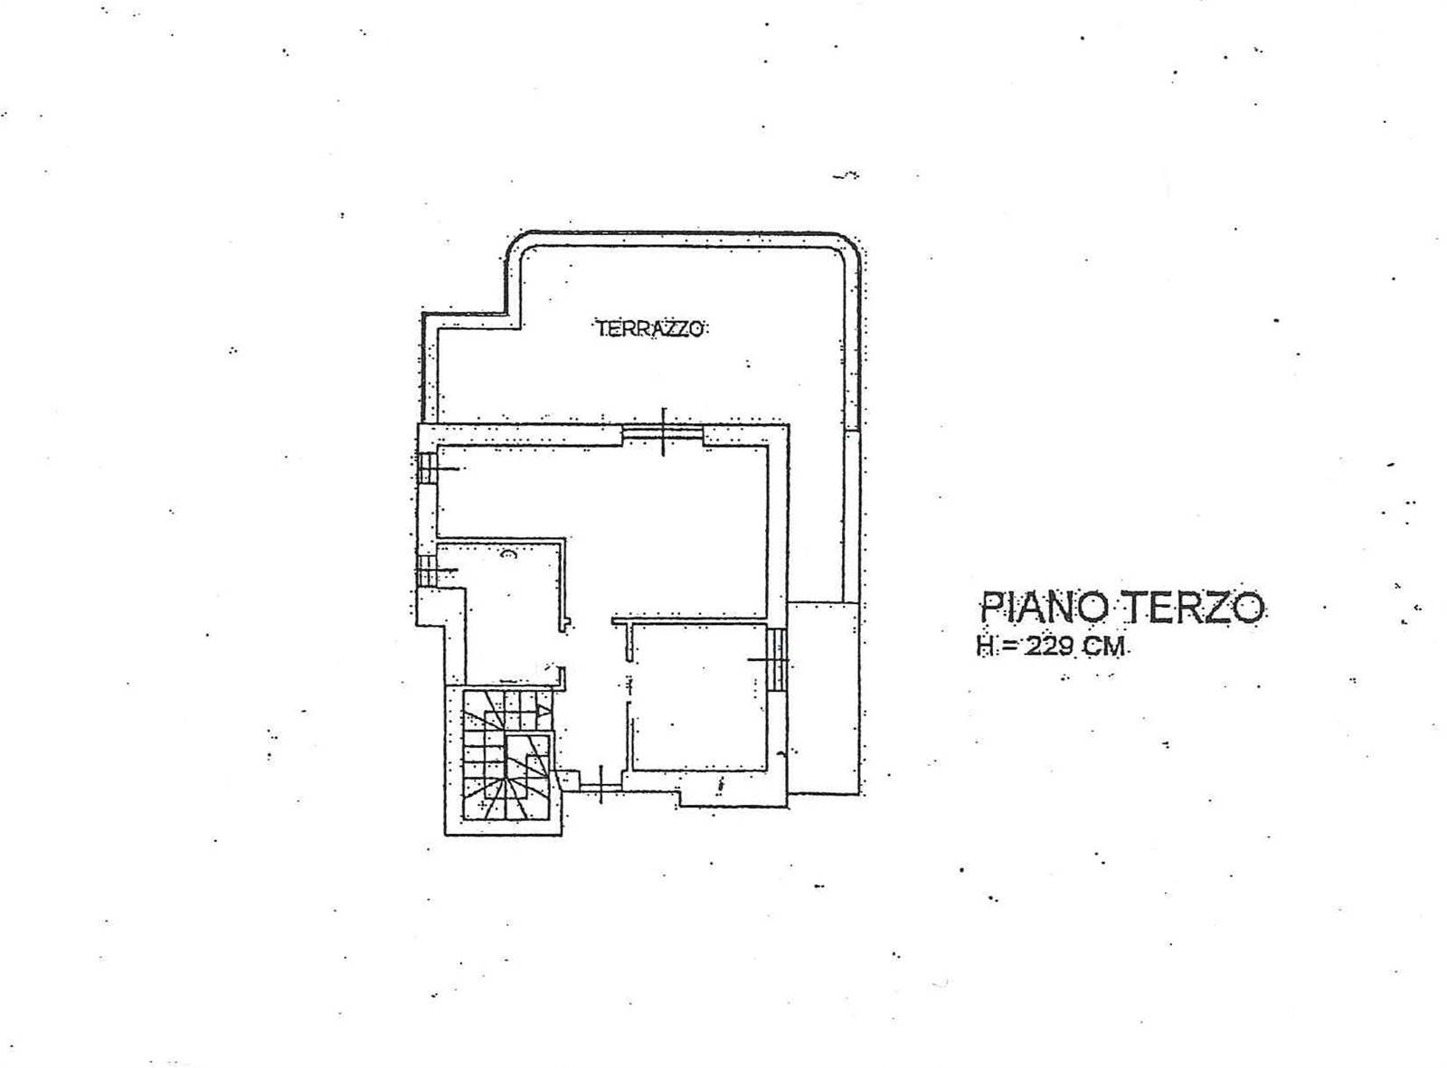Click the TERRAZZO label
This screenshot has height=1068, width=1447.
tap(650, 328)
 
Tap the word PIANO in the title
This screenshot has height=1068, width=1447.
tap(1044, 607)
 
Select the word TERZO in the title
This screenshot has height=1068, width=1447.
tap(1196, 607)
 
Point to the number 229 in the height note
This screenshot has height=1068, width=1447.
tap(1049, 647)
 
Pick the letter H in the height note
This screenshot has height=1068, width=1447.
tap(985, 647)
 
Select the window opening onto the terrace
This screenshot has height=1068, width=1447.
tap(662, 433)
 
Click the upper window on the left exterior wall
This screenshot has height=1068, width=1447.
tap(428, 468)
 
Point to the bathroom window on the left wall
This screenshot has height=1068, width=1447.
tap(427, 571)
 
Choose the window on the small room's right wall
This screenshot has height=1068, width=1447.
tap(777, 659)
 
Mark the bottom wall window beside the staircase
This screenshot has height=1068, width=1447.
tap(601, 789)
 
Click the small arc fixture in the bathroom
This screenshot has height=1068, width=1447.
tap(507, 554)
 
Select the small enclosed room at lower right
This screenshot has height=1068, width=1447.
tap(700, 697)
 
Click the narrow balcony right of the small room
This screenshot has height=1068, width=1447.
tap(822, 697)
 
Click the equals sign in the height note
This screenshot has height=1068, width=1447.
tap(1007, 647)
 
